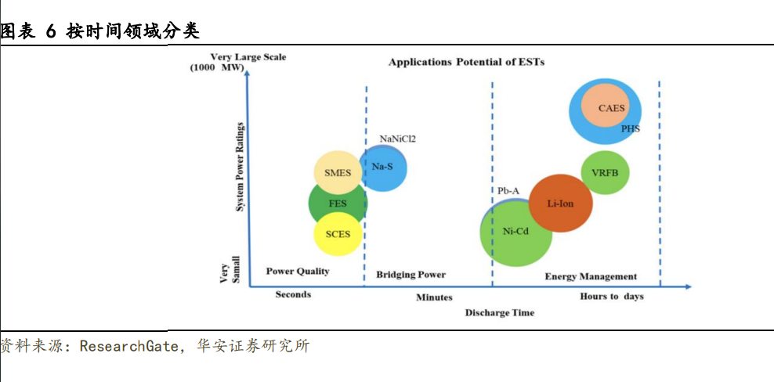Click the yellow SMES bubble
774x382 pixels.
tap(337, 173)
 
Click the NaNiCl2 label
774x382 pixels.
tap(397, 139)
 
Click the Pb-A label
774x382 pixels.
tap(508, 190)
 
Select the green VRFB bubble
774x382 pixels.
tap(606, 173)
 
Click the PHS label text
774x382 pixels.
tap(630, 128)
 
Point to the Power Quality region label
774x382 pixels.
tap(298, 272)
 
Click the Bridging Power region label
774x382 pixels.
tap(411, 275)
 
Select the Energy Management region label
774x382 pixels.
tap(590, 276)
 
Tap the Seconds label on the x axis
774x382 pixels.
tap(293, 294)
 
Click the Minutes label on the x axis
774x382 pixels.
tap(434, 297)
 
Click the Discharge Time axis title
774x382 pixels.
tap(500, 312)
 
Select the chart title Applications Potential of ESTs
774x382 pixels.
tap(466, 62)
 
